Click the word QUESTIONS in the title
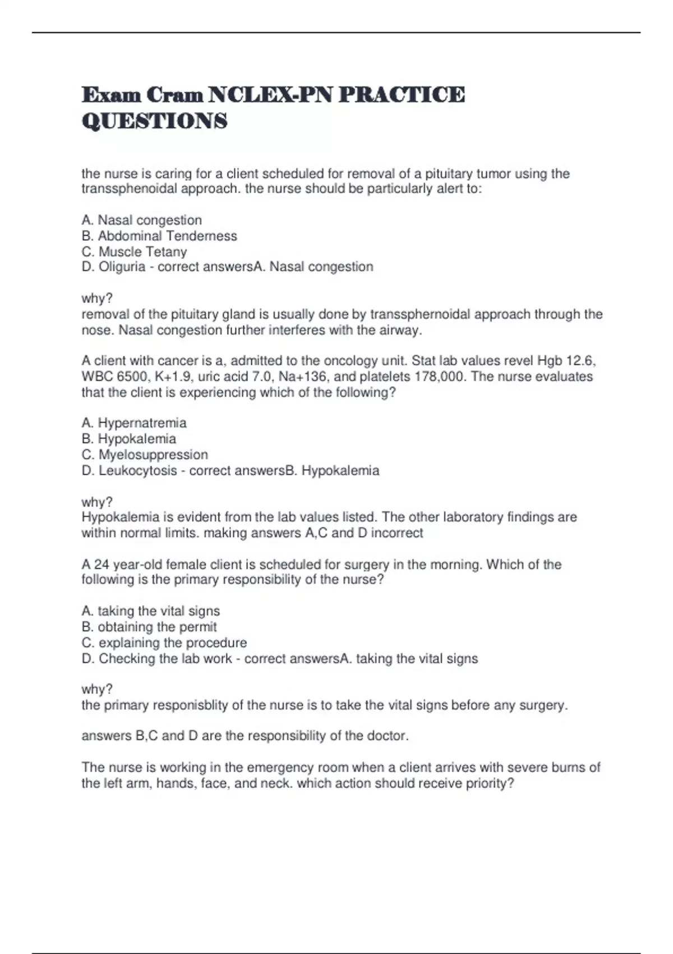(x=155, y=121)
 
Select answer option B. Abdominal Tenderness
(x=159, y=236)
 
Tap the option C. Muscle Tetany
(x=134, y=251)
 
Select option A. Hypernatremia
(x=134, y=423)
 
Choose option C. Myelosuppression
(x=145, y=454)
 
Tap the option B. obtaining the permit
(x=149, y=626)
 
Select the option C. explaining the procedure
(x=164, y=642)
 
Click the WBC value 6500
(x=131, y=376)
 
